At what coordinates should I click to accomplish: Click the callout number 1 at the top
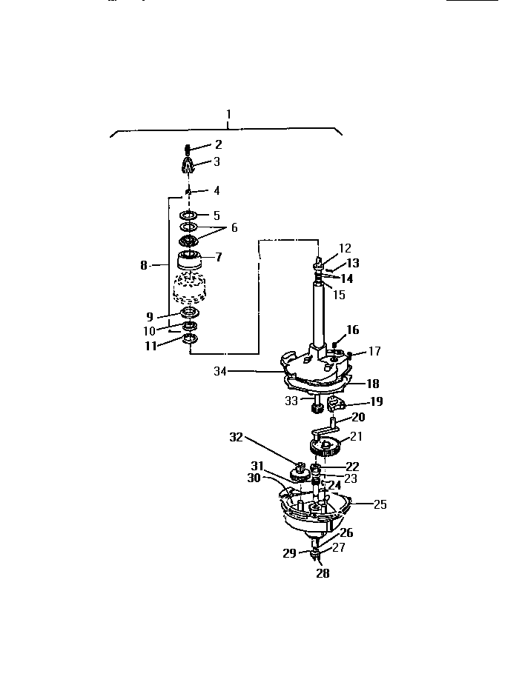[228, 114]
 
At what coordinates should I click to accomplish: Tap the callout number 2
[218, 144]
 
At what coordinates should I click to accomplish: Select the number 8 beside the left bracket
[144, 265]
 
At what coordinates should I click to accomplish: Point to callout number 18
[372, 384]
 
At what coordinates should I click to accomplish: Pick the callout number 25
[380, 504]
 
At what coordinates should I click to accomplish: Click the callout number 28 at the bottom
[323, 573]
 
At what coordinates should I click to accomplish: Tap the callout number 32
[236, 437]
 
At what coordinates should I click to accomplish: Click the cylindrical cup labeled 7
[190, 262]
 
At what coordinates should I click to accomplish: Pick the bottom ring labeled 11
[190, 339]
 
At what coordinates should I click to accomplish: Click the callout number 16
[352, 330]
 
